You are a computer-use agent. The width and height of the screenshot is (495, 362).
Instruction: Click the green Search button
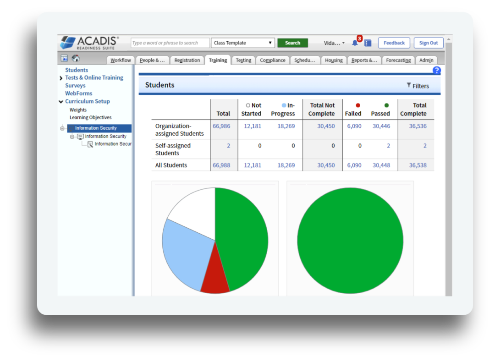(292, 43)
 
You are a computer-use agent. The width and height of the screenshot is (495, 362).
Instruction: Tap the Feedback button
(394, 43)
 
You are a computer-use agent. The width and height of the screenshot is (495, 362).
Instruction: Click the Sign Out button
(429, 43)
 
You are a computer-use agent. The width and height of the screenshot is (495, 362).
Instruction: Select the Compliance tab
(273, 60)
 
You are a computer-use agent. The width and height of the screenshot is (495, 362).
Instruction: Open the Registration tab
(187, 60)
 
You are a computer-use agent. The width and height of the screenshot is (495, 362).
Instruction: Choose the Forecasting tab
(398, 60)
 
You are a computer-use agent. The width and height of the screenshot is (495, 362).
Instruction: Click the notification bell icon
(355, 43)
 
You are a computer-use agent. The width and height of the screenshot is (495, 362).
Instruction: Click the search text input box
(170, 43)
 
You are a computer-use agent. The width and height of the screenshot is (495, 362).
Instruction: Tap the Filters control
(418, 86)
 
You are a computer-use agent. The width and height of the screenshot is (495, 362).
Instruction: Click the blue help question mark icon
(436, 71)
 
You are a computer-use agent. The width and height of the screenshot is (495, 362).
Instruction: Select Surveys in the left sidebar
(75, 85)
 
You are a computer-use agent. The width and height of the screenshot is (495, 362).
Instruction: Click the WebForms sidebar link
(78, 93)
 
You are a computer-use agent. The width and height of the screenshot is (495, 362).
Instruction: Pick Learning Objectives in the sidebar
(90, 117)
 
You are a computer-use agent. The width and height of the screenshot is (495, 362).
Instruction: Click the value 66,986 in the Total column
(221, 126)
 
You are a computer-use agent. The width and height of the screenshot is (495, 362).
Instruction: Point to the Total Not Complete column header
(322, 110)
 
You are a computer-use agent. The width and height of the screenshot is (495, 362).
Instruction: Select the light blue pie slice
(183, 252)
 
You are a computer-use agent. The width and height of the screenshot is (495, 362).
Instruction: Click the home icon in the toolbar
(76, 59)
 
